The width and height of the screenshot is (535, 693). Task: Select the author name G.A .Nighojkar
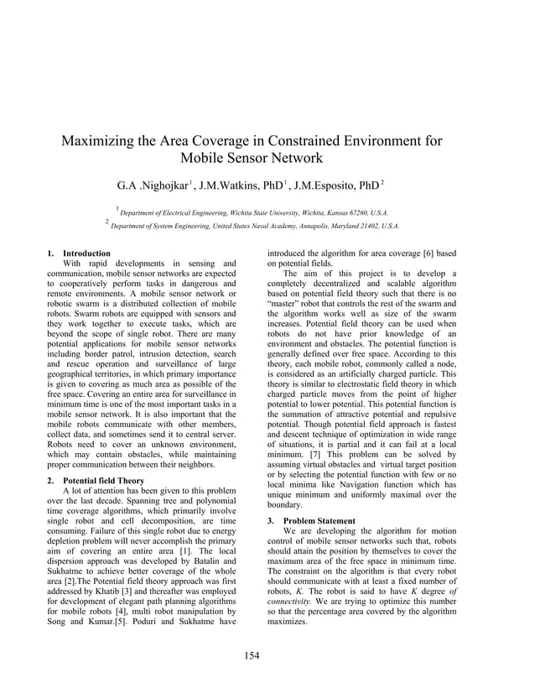pos(152,184)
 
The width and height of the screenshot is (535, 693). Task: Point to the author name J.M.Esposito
pos(326,184)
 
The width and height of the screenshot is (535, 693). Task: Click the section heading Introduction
pos(86,253)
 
